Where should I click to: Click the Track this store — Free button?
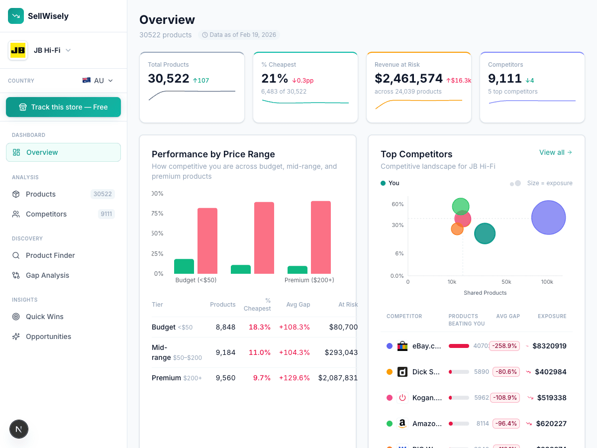63,107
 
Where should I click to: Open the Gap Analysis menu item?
47,275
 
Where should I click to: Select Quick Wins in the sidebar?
44,317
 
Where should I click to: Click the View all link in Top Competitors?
555,152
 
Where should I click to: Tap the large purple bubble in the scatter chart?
548,218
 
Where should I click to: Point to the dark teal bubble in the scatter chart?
485,233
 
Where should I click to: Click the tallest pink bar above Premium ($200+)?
321,237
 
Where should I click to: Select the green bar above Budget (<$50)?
184,266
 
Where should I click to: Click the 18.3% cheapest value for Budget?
259,327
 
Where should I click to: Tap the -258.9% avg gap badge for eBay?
504,346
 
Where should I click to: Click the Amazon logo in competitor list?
402,424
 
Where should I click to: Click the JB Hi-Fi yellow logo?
18,50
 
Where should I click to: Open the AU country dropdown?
98,81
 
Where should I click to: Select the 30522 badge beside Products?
102,194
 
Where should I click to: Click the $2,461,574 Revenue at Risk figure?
408,79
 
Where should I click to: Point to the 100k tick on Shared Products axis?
547,282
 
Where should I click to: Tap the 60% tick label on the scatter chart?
398,204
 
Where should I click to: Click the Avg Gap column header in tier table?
298,305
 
